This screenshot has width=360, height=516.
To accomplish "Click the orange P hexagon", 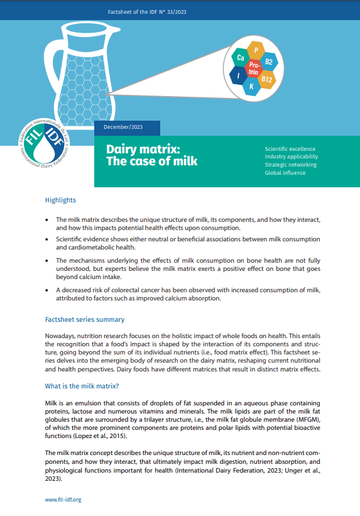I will coord(256,50).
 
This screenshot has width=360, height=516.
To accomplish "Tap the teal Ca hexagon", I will coord(241,58).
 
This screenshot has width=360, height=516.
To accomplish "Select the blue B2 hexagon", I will coord(269,62).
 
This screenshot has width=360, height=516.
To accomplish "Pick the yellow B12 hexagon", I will coord(266,79).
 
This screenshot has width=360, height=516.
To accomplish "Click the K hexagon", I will coord(251,87).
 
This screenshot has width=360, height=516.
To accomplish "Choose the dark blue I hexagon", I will coord(238,76).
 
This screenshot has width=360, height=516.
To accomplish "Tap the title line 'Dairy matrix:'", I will coord(143,149).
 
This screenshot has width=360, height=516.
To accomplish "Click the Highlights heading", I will coord(60,200).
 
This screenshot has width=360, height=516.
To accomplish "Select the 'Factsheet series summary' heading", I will coord(84,320).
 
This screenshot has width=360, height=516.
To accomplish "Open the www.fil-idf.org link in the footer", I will coord(63,500).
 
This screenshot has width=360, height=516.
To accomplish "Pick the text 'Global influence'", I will coord(285,173).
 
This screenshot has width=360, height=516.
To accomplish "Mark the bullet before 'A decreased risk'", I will coord(48,289).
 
